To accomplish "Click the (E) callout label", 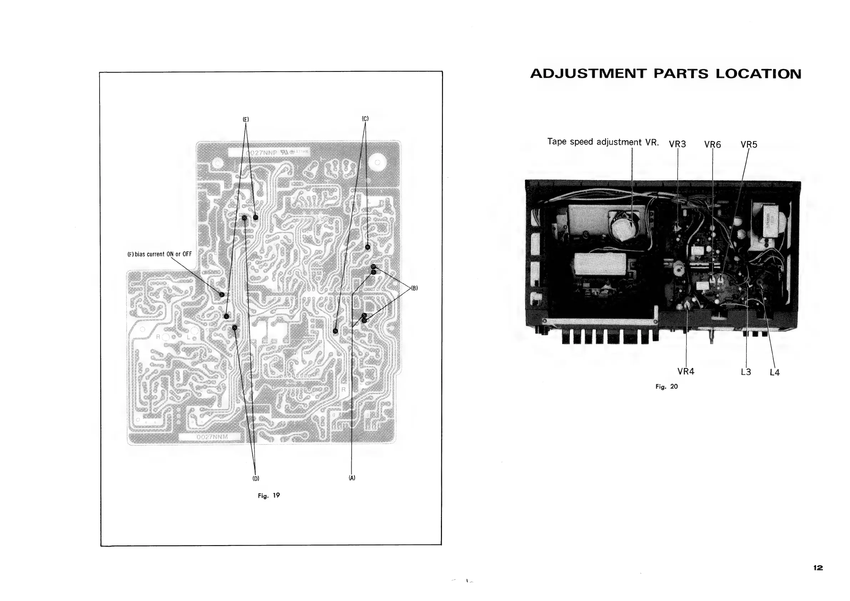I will [246, 120].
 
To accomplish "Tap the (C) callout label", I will [365, 119].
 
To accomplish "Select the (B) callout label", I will [414, 288].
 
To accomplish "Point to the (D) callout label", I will [256, 478].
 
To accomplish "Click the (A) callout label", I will [352, 478].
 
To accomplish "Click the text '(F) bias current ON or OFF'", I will [160, 254].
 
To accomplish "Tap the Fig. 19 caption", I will [269, 495].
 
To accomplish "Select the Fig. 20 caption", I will [667, 387].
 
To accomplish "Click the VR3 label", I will [677, 144].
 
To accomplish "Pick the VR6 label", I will [712, 145].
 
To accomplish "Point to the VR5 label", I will [749, 145].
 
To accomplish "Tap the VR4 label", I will [686, 371].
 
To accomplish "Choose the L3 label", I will [746, 372].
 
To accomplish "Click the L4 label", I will [774, 373].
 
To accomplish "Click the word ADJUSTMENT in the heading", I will [588, 74].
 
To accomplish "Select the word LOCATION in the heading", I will [758, 74].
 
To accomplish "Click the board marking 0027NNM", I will [212, 437].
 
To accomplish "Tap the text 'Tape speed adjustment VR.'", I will [603, 142].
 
